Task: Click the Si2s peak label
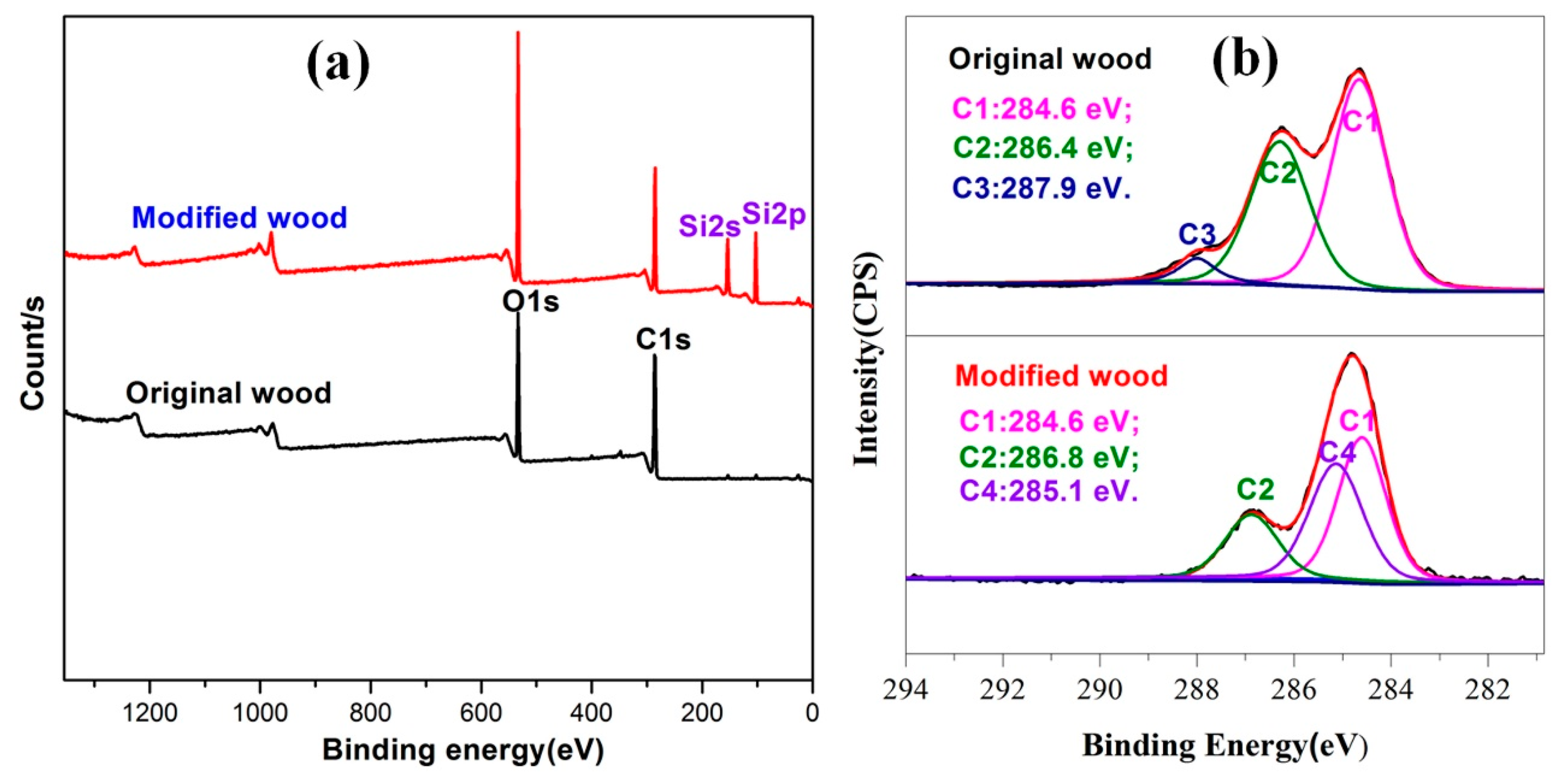coord(709,226)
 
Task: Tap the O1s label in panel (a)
coord(530,301)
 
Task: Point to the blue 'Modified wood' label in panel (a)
coord(239,218)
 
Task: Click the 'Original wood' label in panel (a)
coord(229,393)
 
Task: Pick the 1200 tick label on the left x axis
coord(150,713)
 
